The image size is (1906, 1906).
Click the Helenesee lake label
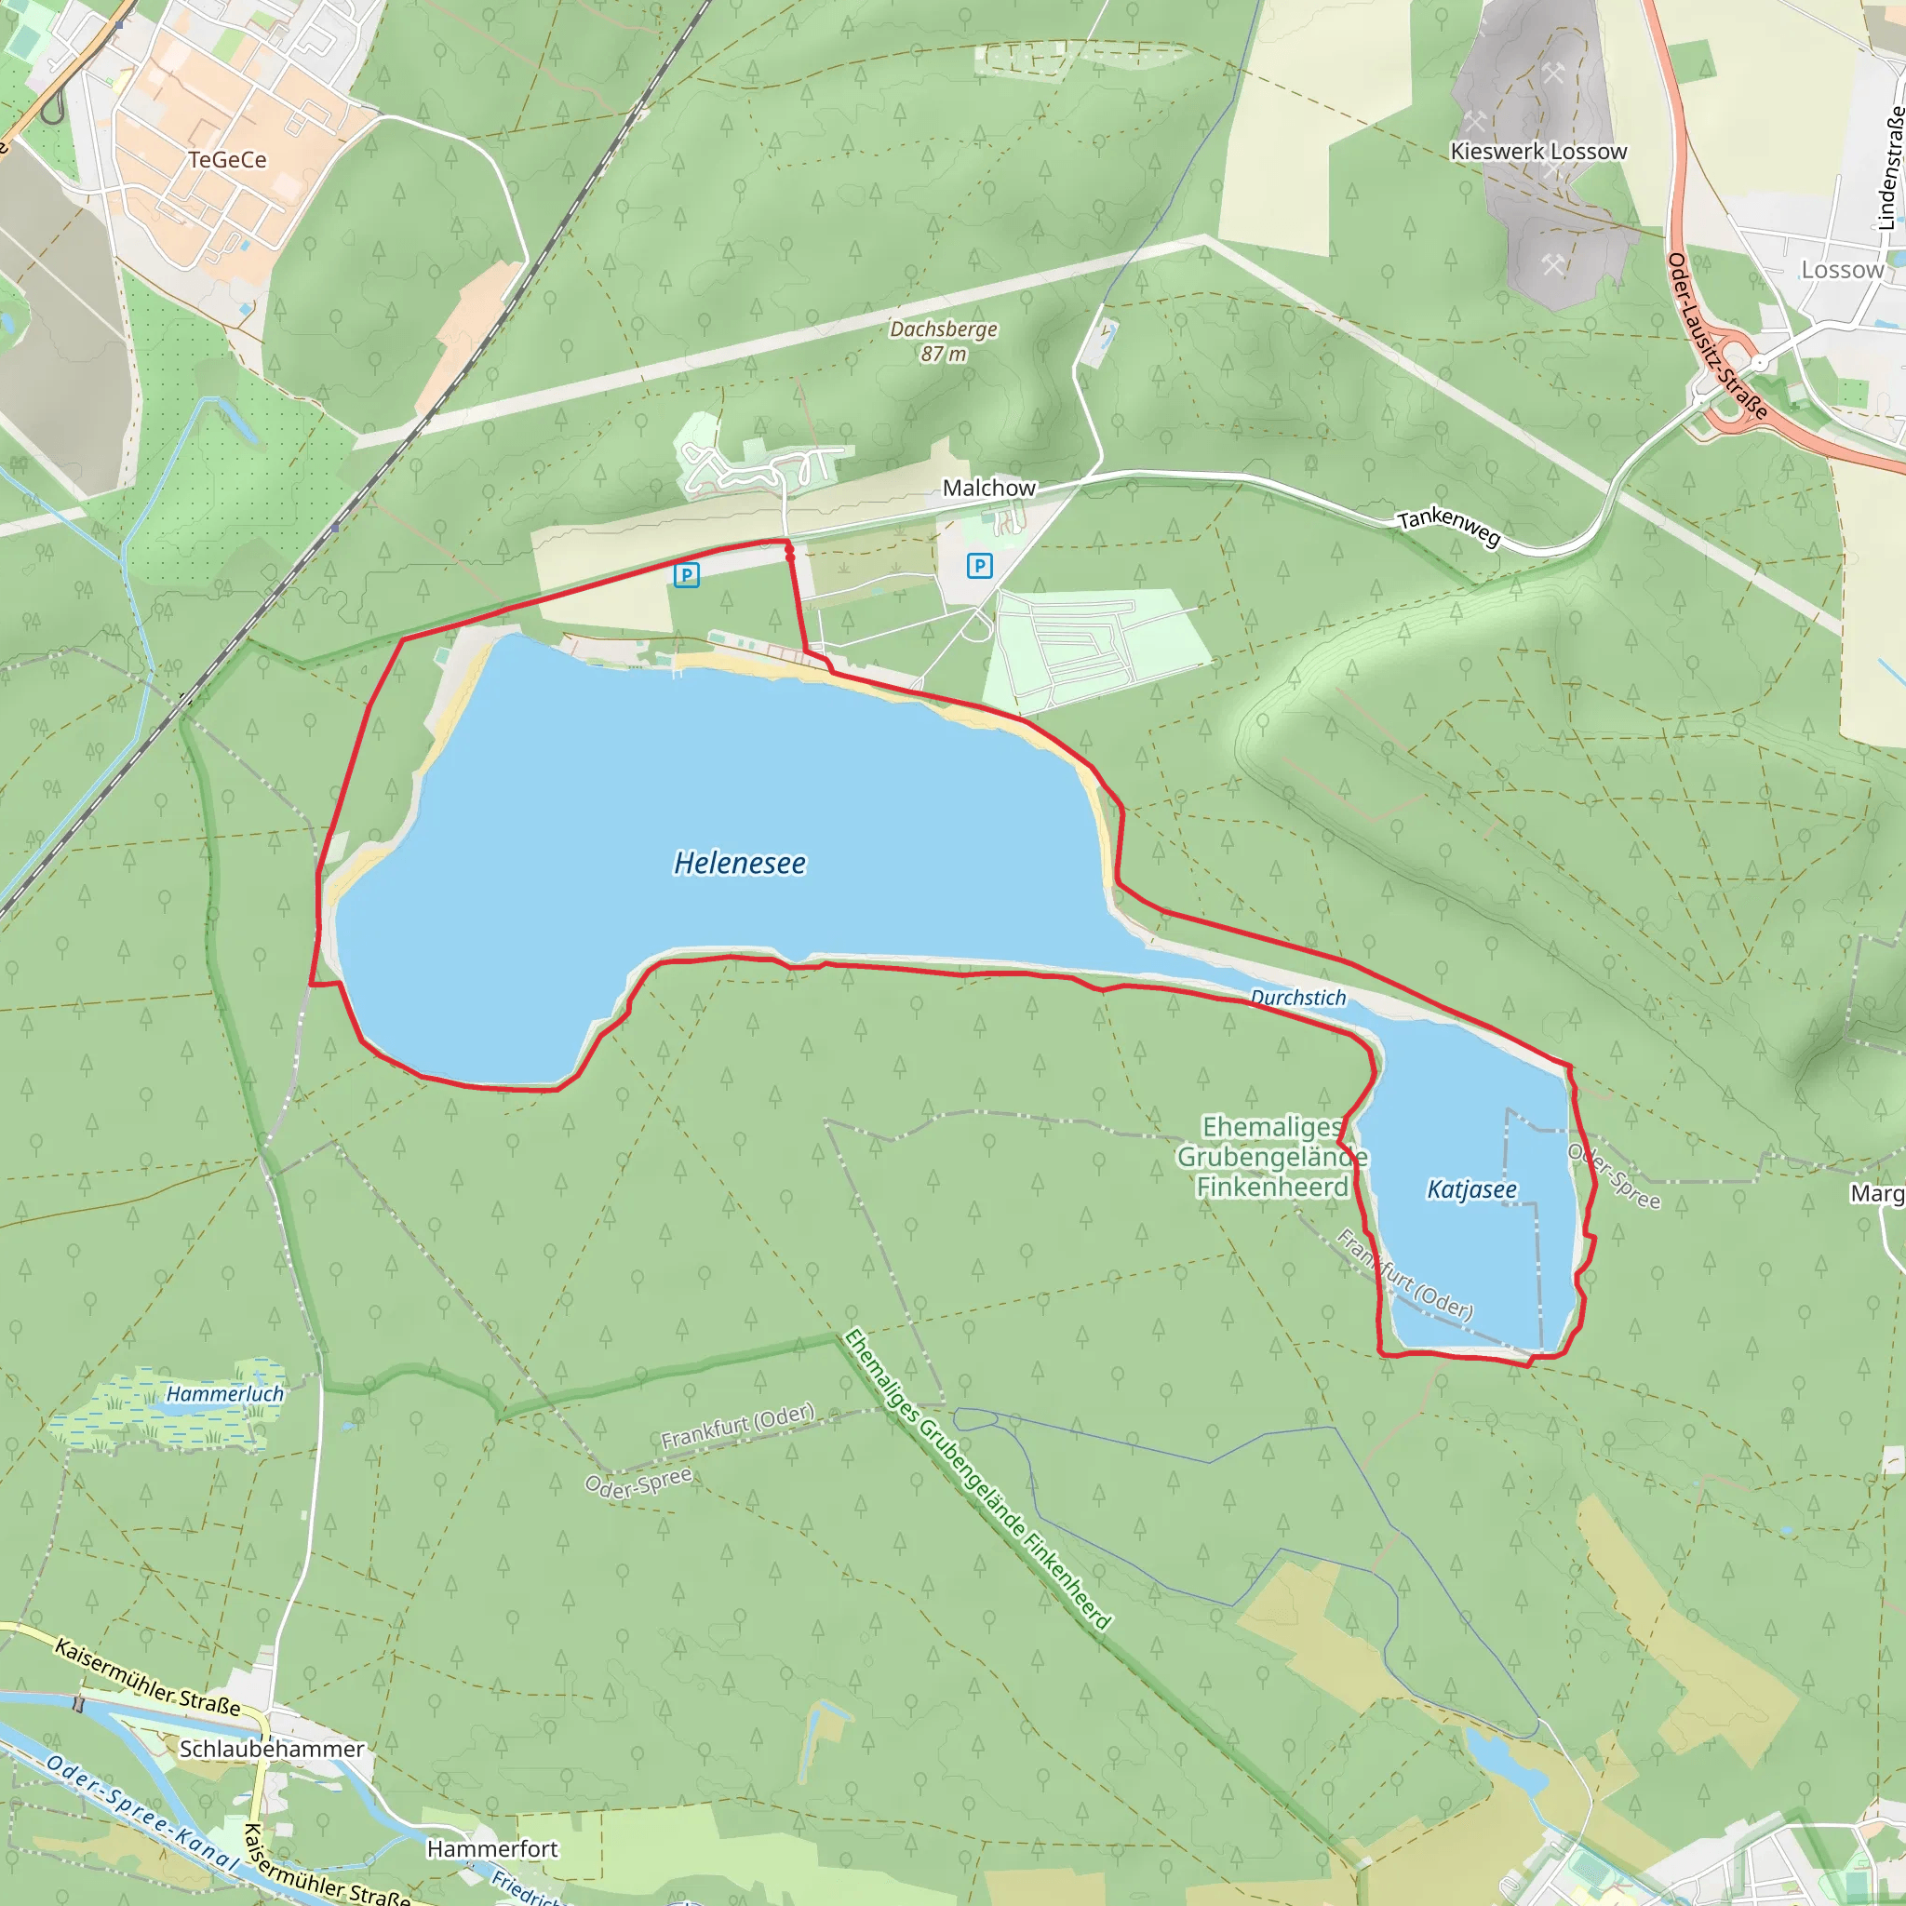pyautogui.click(x=739, y=864)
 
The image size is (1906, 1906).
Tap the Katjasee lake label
pyautogui.click(x=1471, y=1189)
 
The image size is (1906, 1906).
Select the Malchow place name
pyautogui.click(x=988, y=489)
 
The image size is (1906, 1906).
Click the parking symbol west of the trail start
pyautogui.click(x=687, y=575)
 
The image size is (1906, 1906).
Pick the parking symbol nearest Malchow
pyautogui.click(x=979, y=566)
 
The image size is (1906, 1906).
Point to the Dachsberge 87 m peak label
pyautogui.click(x=943, y=341)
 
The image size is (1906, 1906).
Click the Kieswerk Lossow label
pyautogui.click(x=1538, y=152)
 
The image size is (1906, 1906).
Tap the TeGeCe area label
pyautogui.click(x=227, y=160)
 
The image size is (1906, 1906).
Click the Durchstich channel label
pyautogui.click(x=1297, y=998)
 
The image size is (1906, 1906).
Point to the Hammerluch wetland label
pyautogui.click(x=224, y=1394)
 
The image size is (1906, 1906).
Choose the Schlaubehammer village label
pyautogui.click(x=272, y=1749)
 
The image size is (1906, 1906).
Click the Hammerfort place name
pyautogui.click(x=492, y=1849)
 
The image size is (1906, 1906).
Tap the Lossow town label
pyautogui.click(x=1842, y=270)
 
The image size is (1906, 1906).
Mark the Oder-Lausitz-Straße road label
pyautogui.click(x=1715, y=336)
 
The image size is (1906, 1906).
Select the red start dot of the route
pyautogui.click(x=790, y=557)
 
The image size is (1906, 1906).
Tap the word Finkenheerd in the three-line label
pyautogui.click(x=1271, y=1187)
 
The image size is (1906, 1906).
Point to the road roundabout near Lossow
pyautogui.click(x=1758, y=364)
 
